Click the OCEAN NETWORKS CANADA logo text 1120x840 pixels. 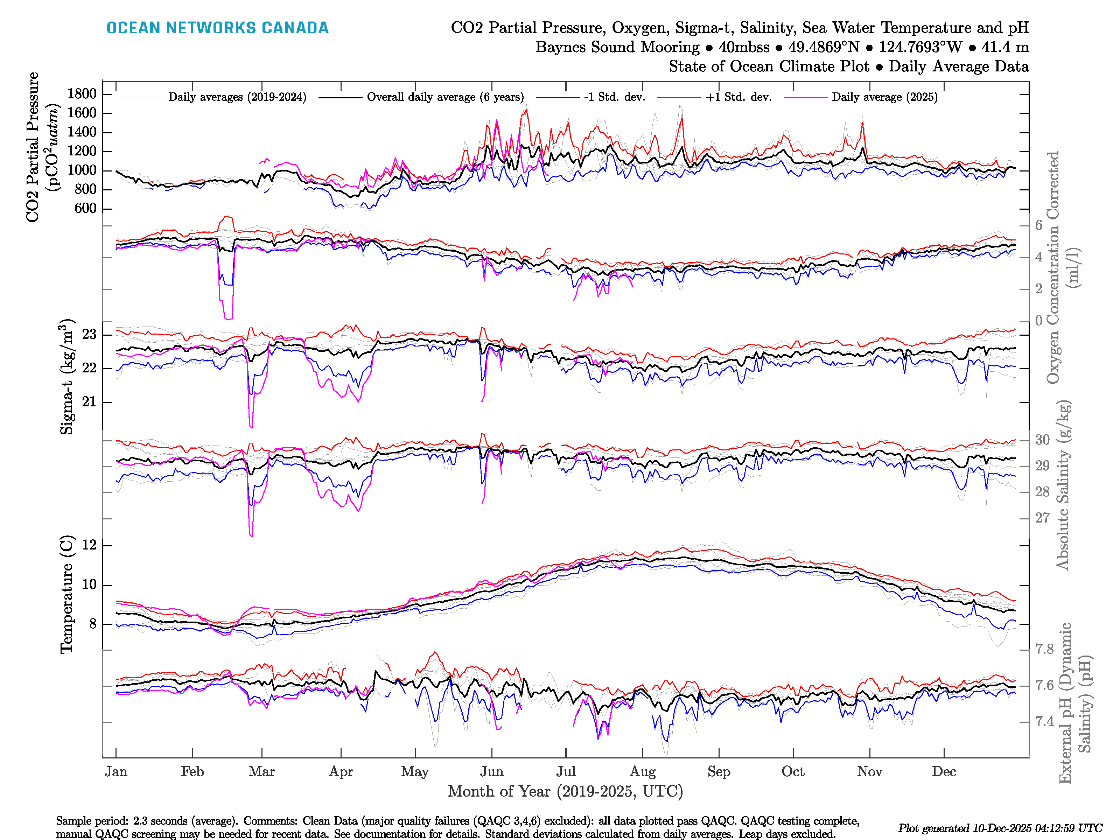pos(217,28)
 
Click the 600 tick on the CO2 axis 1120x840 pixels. pos(85,209)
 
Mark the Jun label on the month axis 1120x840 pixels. pos(492,772)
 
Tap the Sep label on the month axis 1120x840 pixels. pos(719,772)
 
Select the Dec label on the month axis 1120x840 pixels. pos(944,772)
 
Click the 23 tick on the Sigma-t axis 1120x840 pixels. pos(89,335)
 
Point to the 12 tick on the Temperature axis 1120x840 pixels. pos(89,545)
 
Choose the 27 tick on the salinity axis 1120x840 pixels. pos(1042,518)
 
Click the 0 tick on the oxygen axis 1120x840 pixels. pos(1038,321)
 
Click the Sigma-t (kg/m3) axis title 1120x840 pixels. pos(67,377)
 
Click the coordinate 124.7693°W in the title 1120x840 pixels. pos(920,47)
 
